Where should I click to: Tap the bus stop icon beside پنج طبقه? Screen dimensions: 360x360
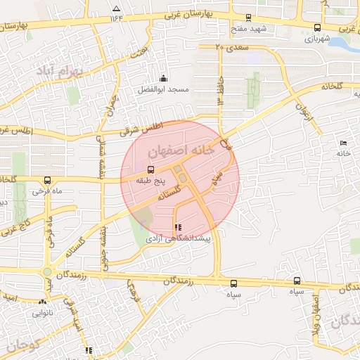click(150, 169)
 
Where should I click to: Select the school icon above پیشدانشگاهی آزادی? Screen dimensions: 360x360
click(176, 227)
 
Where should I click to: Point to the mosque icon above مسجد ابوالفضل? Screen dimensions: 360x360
click(164, 78)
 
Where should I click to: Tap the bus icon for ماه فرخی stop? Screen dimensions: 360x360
click(47, 180)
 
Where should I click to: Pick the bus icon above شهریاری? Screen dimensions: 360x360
click(318, 27)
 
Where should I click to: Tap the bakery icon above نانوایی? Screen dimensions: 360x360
click(42, 302)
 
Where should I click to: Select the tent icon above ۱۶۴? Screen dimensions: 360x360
click(116, 8)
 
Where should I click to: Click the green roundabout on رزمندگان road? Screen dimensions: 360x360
click(47, 271)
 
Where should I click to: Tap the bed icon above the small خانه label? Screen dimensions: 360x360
click(343, 143)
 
